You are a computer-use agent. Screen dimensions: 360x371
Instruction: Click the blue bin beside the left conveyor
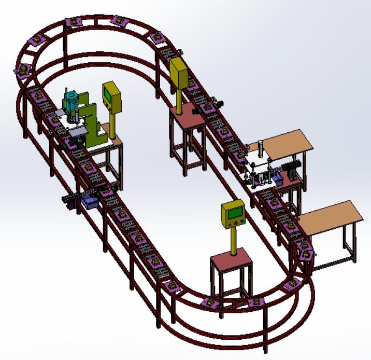[91, 202]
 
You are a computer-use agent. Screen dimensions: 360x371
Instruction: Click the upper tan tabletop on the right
[287, 143]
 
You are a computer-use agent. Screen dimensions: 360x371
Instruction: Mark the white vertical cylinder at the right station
[261, 150]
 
